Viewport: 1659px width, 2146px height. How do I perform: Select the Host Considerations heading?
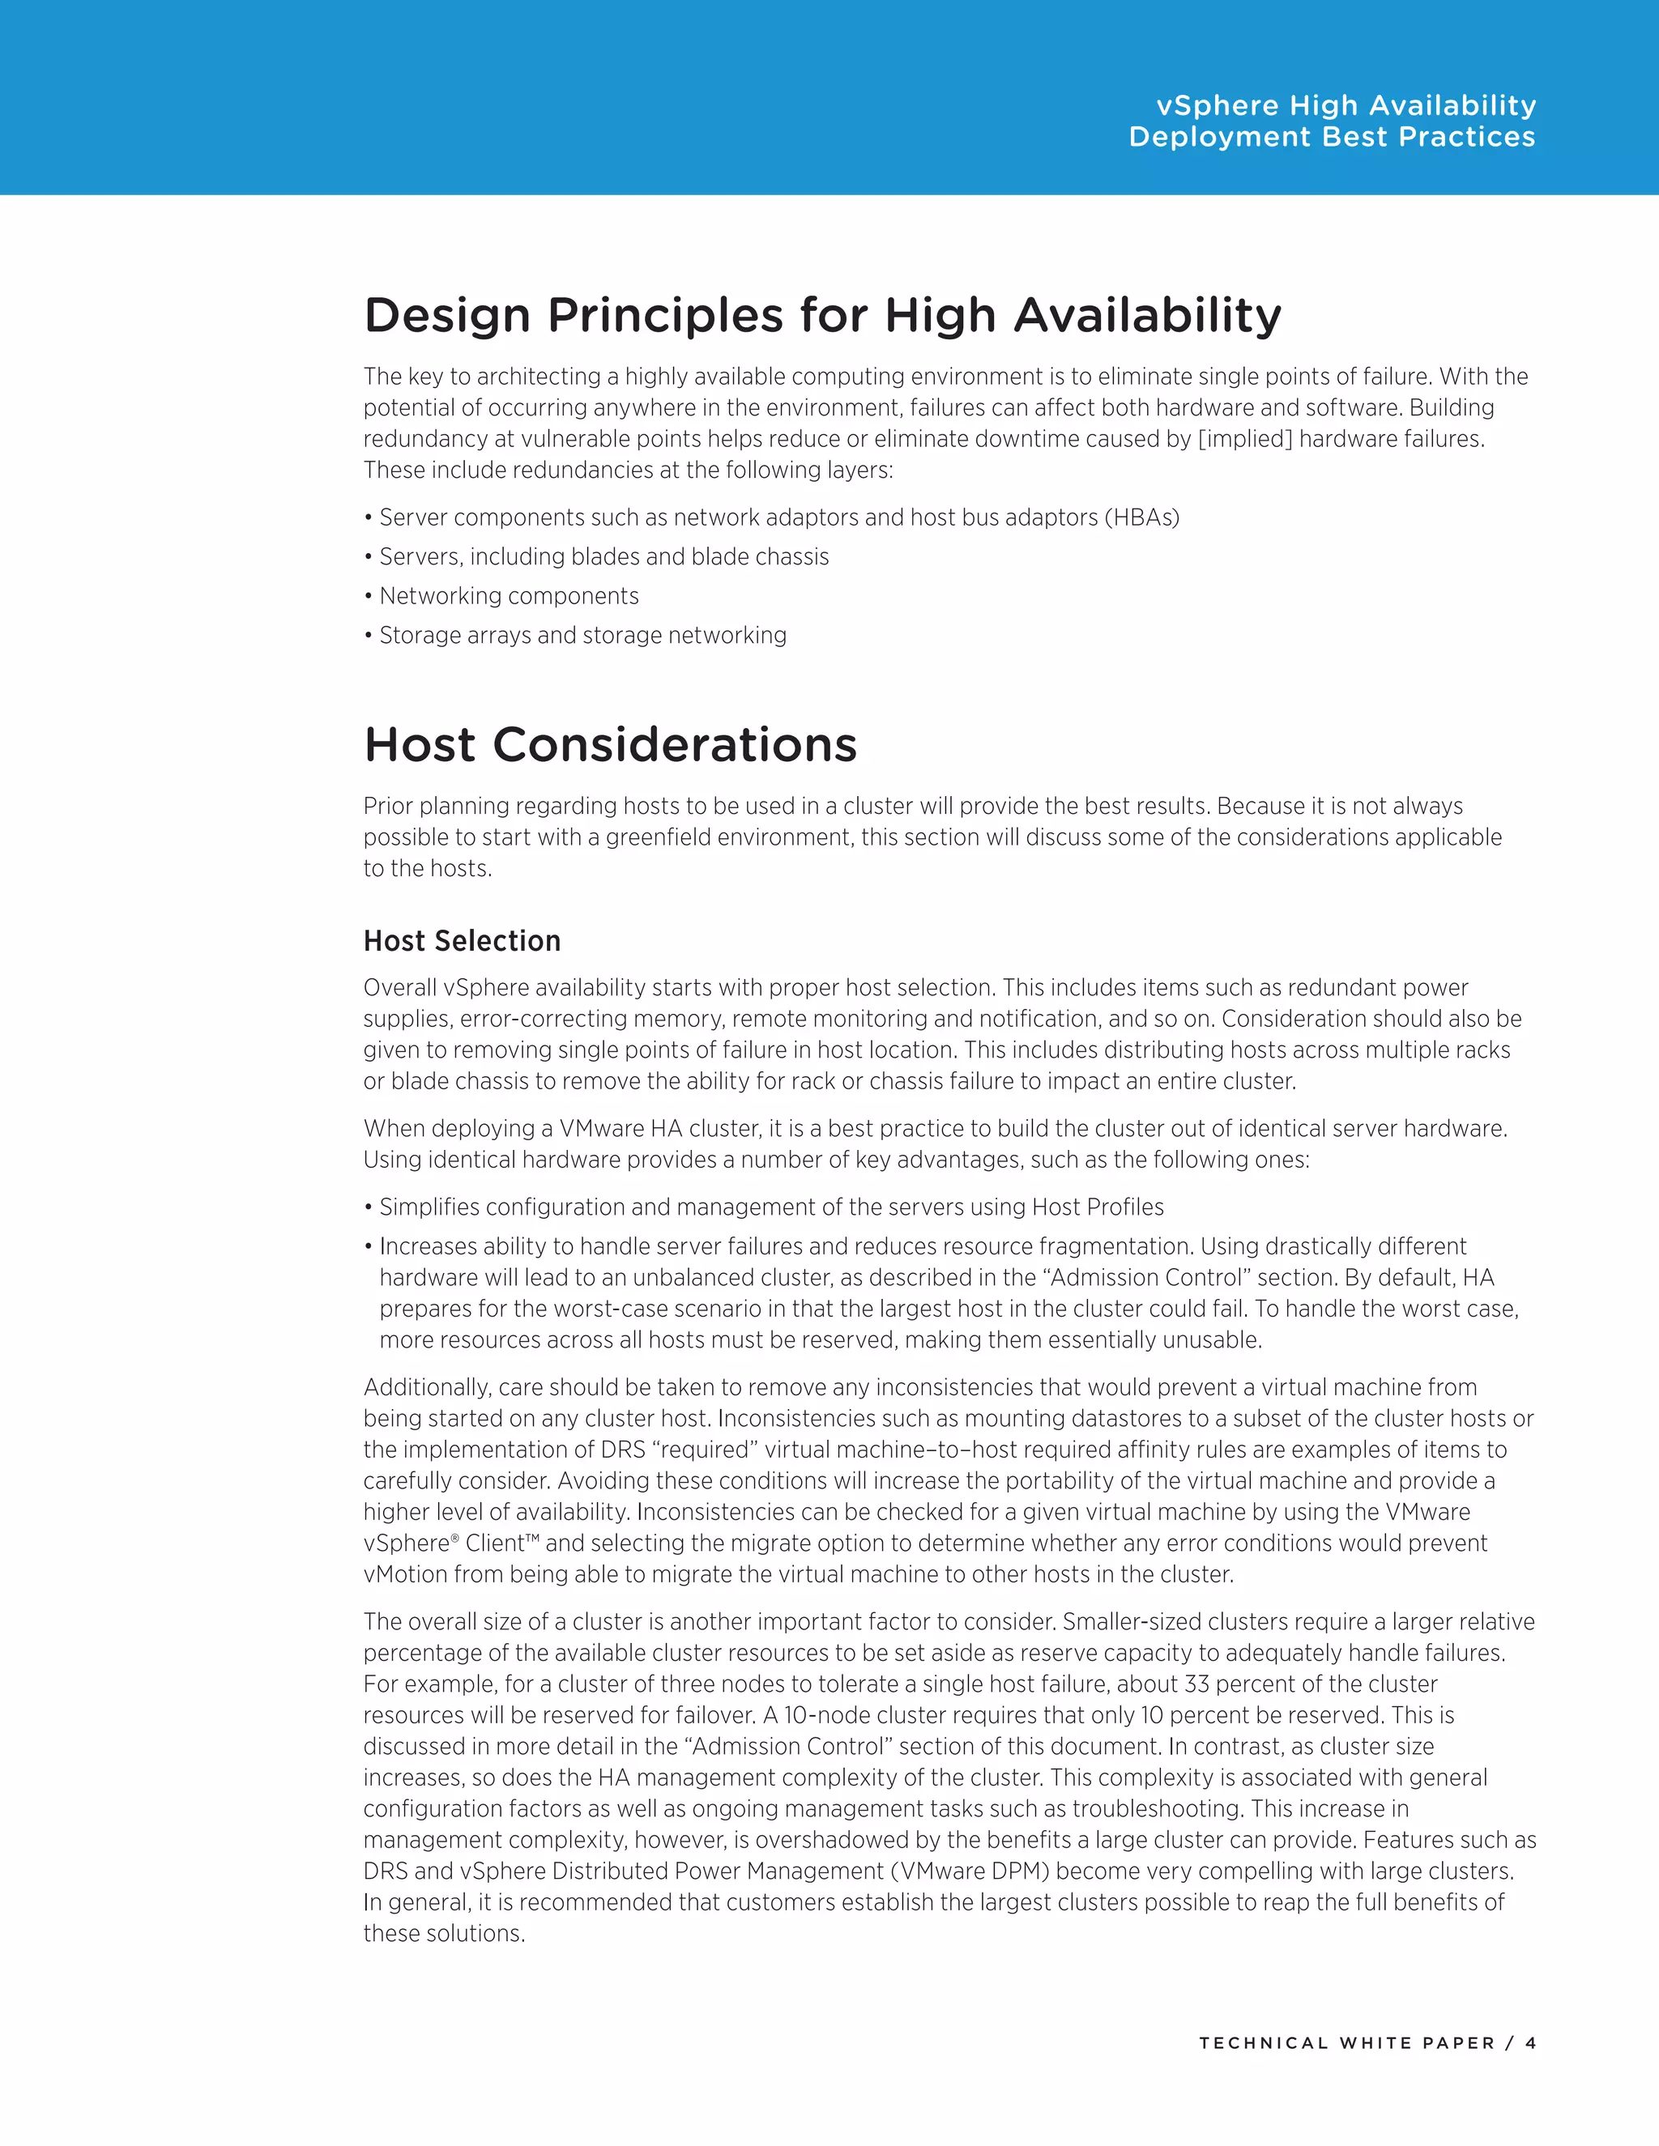(x=609, y=745)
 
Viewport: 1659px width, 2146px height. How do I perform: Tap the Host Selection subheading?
(x=461, y=940)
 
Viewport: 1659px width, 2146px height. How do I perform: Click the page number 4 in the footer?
(x=1530, y=2043)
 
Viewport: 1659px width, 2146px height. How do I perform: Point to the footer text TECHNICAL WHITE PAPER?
(x=1346, y=2043)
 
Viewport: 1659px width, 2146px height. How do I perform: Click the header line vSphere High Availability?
(x=1346, y=105)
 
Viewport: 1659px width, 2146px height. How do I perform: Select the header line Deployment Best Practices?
(x=1332, y=137)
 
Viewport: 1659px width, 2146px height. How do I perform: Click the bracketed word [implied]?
(x=1245, y=439)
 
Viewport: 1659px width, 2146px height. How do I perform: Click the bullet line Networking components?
(x=508, y=597)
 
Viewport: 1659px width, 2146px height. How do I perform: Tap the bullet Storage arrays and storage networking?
(x=582, y=636)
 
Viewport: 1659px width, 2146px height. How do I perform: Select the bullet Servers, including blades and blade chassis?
(x=603, y=557)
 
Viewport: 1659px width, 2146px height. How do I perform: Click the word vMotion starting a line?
(x=402, y=1575)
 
